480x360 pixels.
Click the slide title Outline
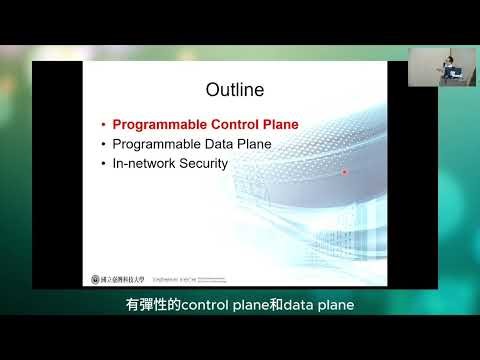coord(234,91)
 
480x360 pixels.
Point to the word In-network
coord(143,162)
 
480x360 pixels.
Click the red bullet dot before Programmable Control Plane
coord(103,126)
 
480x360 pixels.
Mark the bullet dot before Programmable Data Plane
coord(103,144)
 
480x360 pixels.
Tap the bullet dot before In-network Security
coord(103,162)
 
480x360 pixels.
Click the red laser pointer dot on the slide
coord(344,171)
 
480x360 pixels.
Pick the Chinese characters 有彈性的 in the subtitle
coord(151,304)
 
